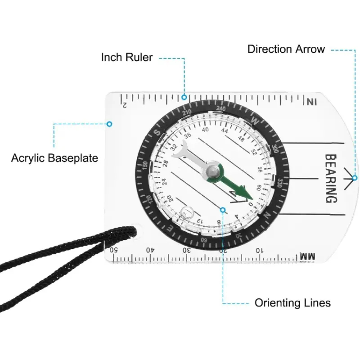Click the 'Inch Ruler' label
click(126, 58)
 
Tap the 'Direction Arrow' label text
click(286, 49)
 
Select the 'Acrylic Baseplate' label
click(54, 158)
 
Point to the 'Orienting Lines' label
click(292, 303)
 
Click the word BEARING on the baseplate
click(331, 179)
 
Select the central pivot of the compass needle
click(212, 171)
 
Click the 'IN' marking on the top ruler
click(311, 102)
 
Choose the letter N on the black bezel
click(268, 215)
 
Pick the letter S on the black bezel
click(157, 133)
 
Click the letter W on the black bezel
click(255, 120)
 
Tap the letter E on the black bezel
click(170, 229)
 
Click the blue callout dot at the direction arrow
click(355, 178)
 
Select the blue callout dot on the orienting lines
click(223, 208)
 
